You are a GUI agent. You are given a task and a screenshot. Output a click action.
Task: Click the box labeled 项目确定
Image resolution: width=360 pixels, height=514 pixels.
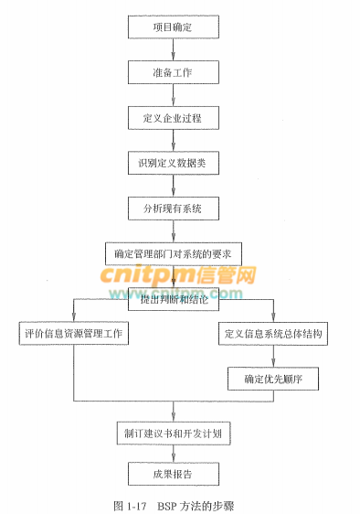173,27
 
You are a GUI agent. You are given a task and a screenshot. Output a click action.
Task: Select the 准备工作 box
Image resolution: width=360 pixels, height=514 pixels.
173,71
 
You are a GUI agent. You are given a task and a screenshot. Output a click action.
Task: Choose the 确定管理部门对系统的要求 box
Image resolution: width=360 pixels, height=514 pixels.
173,252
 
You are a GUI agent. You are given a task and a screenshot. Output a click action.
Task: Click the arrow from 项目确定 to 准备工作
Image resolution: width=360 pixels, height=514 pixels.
173,49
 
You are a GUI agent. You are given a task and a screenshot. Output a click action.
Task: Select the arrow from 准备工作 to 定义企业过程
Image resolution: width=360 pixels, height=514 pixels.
173,94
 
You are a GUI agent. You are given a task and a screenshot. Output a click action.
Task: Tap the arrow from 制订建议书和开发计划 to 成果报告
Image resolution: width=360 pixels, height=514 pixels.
173,453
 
